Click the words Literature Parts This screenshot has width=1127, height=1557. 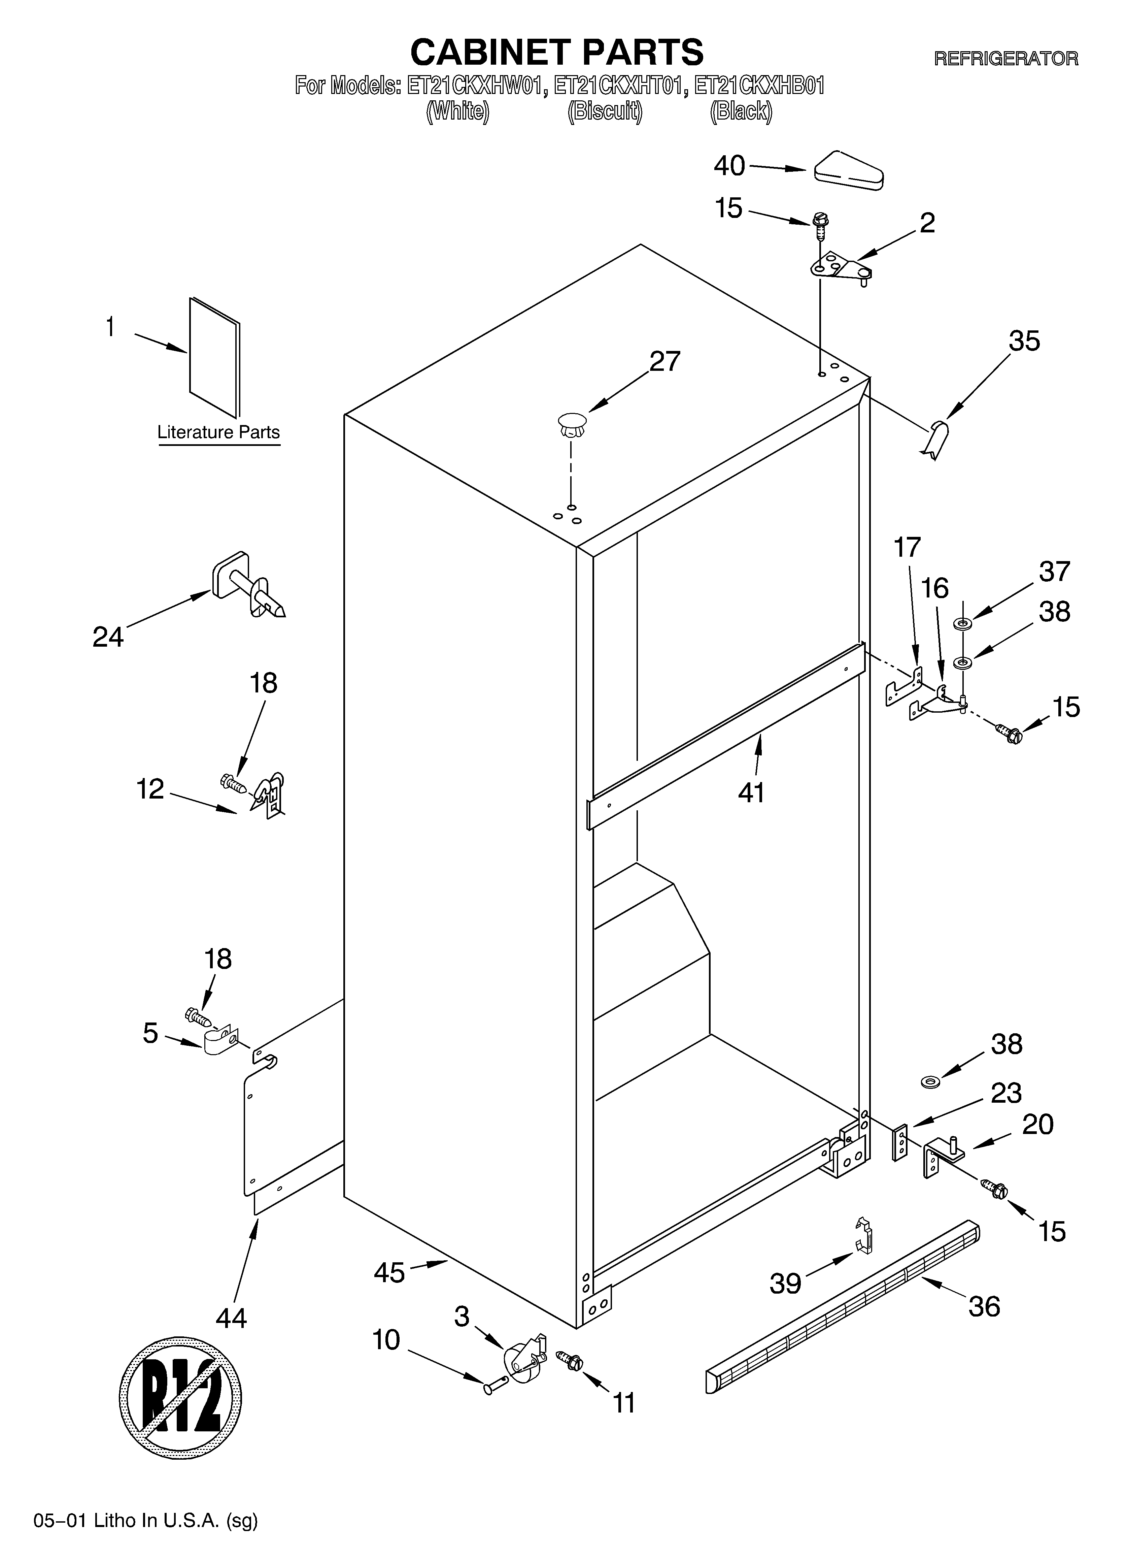218,432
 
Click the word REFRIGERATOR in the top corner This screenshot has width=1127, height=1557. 1005,59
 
